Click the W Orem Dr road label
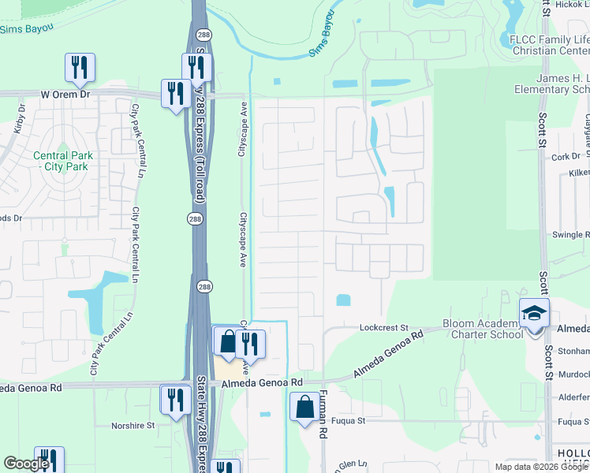click(x=68, y=93)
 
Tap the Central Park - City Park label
click(x=62, y=161)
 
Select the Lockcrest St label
click(x=383, y=327)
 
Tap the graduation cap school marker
click(x=534, y=315)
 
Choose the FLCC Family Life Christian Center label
click(x=549, y=44)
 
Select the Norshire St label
click(x=133, y=426)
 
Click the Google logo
click(x=26, y=464)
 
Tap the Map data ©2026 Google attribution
click(x=541, y=467)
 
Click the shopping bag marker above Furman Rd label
click(x=304, y=408)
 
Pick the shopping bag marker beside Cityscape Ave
click(x=227, y=342)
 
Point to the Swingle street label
click(x=570, y=235)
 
